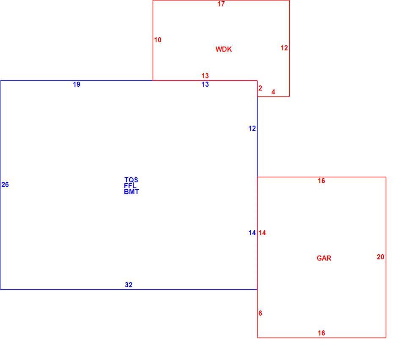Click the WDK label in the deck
(224, 49)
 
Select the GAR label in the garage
(324, 258)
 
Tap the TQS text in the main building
(131, 180)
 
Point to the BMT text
(131, 192)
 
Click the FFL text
(130, 186)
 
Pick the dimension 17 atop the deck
(221, 4)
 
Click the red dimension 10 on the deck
(158, 40)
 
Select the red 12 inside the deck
(284, 48)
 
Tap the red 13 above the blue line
(205, 76)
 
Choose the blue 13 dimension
(205, 85)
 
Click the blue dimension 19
(77, 85)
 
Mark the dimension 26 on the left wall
(5, 185)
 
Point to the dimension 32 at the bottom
(129, 285)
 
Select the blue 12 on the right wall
(252, 129)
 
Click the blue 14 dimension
(252, 233)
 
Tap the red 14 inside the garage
(262, 233)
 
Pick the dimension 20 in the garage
(380, 257)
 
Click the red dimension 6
(260, 313)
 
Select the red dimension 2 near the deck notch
(260, 88)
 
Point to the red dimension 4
(273, 92)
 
